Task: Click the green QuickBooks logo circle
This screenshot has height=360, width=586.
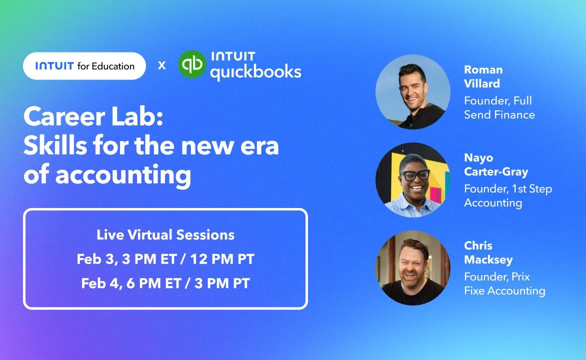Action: tap(192, 64)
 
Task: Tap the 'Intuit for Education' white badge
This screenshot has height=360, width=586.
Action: tap(84, 66)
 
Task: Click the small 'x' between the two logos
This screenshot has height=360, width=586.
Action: tap(162, 65)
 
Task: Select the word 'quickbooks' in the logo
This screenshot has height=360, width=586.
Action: tap(255, 72)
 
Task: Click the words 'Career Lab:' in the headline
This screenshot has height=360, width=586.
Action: tap(93, 116)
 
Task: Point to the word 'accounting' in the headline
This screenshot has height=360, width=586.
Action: tap(123, 175)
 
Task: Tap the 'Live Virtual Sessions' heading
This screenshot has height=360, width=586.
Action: tap(165, 235)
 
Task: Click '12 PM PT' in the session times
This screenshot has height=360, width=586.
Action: tap(222, 259)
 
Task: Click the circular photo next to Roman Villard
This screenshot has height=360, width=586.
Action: tap(413, 92)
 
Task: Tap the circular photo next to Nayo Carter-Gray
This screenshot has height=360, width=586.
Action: tap(413, 180)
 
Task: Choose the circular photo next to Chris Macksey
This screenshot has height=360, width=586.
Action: tap(413, 267)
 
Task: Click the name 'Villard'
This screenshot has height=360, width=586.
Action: tap(482, 83)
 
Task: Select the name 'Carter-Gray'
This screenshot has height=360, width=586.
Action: tap(496, 171)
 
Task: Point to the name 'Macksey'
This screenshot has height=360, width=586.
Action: tap(488, 259)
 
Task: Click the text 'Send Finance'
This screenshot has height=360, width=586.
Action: tap(499, 114)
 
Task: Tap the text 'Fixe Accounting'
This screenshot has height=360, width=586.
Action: tap(504, 290)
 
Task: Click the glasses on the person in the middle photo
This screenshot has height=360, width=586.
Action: tap(415, 174)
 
